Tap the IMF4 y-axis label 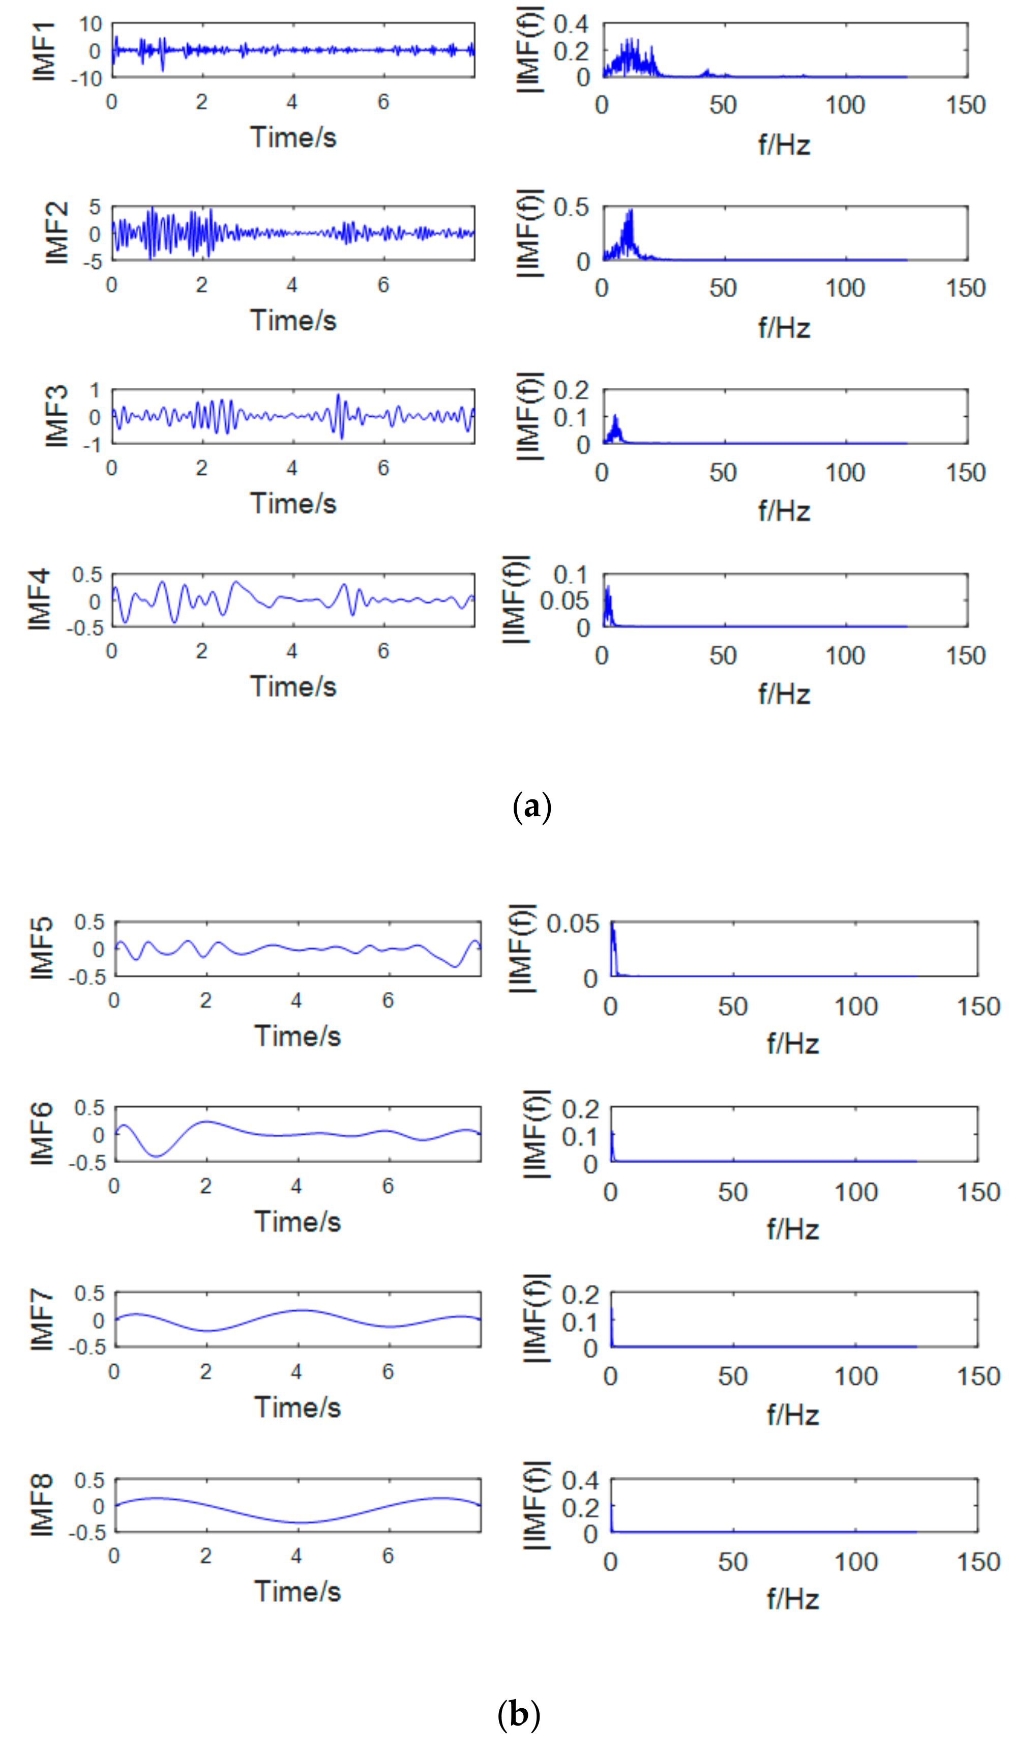pos(40,600)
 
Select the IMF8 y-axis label pos(42,1506)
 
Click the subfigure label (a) pos(532,807)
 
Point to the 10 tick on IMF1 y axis pos(90,24)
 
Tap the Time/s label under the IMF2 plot pos(293,321)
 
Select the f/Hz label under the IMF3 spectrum pos(784,511)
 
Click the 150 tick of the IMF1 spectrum pos(966,105)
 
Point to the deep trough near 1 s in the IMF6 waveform pos(158,1156)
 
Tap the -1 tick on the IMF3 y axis pos(92,444)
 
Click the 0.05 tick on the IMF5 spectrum pos(572,924)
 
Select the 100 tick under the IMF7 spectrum pos(855,1376)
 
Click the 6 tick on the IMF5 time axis pos(388,1000)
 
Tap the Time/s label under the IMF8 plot pos(298,1592)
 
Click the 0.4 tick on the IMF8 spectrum pos(580,1481)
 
